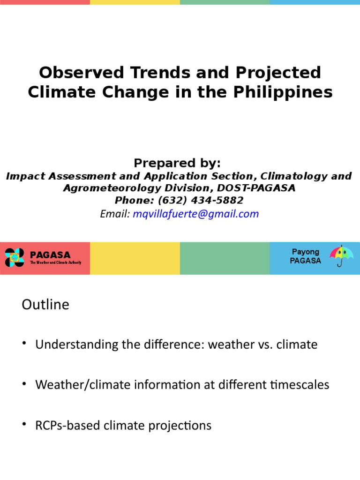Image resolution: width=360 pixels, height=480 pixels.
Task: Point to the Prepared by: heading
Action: tap(177, 163)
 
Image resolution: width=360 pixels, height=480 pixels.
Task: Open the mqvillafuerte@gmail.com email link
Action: tap(195, 214)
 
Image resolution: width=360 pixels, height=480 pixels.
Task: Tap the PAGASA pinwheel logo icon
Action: tap(14, 257)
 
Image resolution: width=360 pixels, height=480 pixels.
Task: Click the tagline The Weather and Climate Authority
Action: tap(55, 263)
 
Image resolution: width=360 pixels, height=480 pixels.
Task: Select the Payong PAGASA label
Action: tap(305, 256)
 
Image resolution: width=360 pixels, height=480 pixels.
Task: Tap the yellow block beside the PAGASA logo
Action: tap(135, 258)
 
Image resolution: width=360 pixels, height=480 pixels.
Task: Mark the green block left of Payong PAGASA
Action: tap(225, 258)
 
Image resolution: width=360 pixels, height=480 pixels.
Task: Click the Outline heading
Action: tap(45, 305)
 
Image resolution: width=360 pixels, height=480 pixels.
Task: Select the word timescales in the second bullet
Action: tap(302, 385)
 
